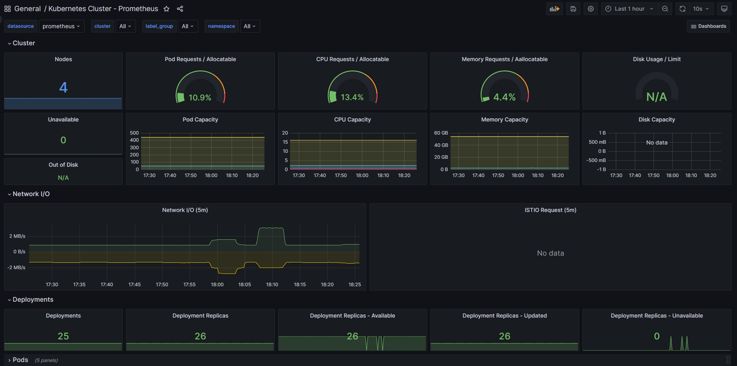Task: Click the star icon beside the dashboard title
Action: pyautogui.click(x=166, y=9)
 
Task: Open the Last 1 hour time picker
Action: pyautogui.click(x=629, y=9)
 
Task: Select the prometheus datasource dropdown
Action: pyautogui.click(x=61, y=26)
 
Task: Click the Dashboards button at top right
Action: pyautogui.click(x=708, y=26)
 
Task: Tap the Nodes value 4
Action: pyautogui.click(x=63, y=87)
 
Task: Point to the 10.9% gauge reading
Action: pyautogui.click(x=200, y=98)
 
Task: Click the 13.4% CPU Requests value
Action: pyautogui.click(x=352, y=97)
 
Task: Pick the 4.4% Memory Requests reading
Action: pyautogui.click(x=504, y=97)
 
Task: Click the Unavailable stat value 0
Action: pyautogui.click(x=63, y=140)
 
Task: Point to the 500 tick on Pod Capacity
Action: pyautogui.click(x=134, y=133)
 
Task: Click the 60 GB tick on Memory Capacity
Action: pyautogui.click(x=441, y=133)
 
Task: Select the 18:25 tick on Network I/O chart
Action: pyautogui.click(x=355, y=285)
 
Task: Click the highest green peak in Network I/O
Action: pyautogui.click(x=271, y=228)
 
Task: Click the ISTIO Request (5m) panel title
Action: pyautogui.click(x=550, y=210)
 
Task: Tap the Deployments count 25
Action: pyautogui.click(x=63, y=336)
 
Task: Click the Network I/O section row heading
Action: pyautogui.click(x=31, y=194)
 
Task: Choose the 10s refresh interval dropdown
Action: pyautogui.click(x=701, y=9)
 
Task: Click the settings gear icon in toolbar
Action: pyautogui.click(x=591, y=9)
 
